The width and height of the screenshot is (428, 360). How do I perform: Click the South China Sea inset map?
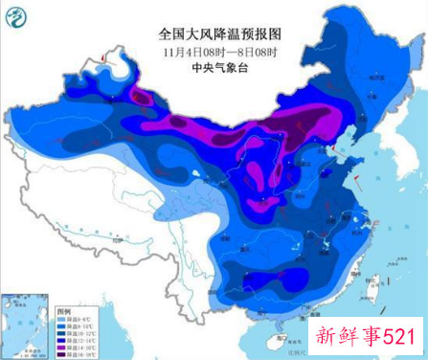coord(27,326)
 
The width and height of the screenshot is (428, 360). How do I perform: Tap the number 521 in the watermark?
coord(396,338)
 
